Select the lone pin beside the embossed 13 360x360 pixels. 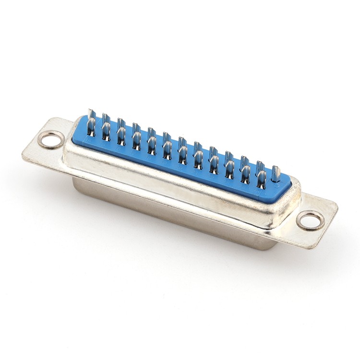[276, 174]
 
